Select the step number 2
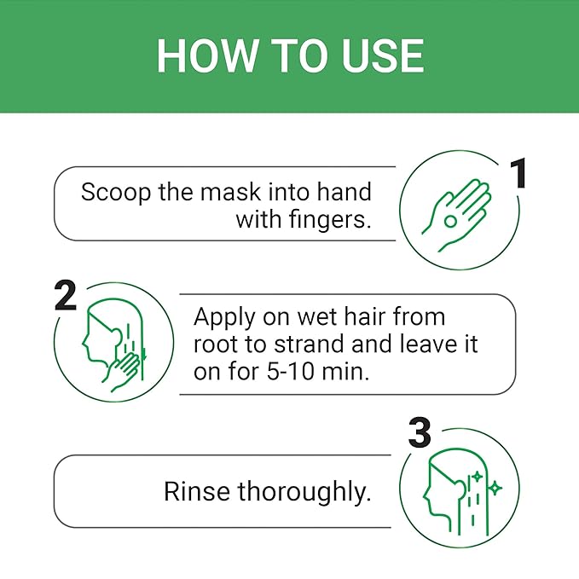click(66, 295)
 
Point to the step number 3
click(420, 432)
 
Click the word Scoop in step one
click(116, 193)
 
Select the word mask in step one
click(231, 192)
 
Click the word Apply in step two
click(224, 318)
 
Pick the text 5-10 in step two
click(290, 372)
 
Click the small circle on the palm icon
click(450, 221)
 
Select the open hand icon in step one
click(456, 216)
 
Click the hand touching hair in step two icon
click(125, 371)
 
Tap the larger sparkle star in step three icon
click(495, 489)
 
